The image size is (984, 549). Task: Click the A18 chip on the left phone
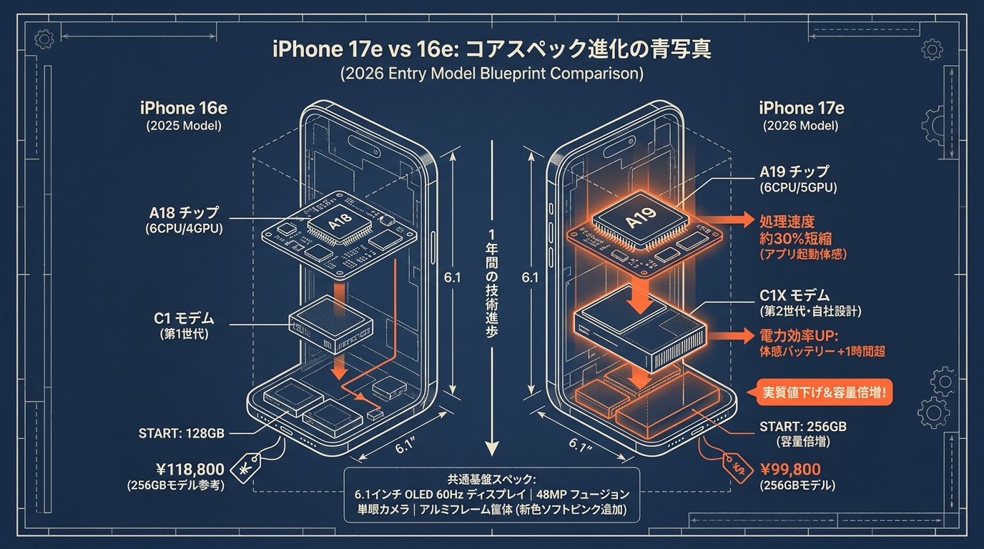coord(340,223)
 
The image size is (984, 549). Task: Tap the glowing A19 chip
coord(641,219)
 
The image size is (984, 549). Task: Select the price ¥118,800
coord(190,470)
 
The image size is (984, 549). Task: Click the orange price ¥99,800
coord(790,470)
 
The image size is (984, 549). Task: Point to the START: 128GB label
coord(182,433)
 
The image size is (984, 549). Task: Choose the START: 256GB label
coord(803,427)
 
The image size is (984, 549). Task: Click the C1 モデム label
coord(184,318)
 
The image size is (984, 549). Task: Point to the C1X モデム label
coord(794,295)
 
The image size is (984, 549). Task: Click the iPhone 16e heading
coord(184,108)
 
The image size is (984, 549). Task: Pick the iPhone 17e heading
coord(802,108)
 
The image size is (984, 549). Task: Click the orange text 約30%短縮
coord(795,239)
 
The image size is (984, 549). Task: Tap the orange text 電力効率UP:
coord(799,336)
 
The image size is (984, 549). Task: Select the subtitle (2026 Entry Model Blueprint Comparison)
coord(492,74)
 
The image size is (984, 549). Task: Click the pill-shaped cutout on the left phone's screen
coord(364,146)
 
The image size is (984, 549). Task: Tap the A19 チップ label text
coord(794,172)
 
